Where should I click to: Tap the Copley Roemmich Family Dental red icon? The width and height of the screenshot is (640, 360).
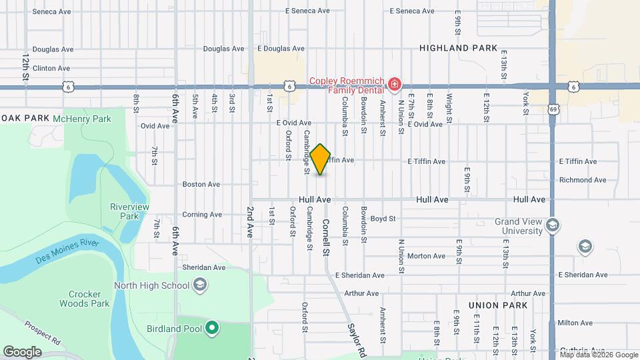tap(395, 85)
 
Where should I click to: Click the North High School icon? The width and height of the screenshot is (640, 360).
tap(199, 286)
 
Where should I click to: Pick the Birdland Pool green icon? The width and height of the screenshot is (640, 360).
tap(212, 327)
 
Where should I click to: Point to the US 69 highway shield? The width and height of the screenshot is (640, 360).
tap(554, 109)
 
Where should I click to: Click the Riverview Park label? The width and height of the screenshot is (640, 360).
tap(124, 211)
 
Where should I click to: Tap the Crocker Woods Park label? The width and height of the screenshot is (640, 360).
tap(89, 299)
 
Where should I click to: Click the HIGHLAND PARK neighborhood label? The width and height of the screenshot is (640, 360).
tap(459, 48)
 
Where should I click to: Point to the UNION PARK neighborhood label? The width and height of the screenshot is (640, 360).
tap(498, 305)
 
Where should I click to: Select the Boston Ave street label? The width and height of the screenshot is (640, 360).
tap(201, 184)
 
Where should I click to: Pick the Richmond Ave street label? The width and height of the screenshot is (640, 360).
tap(583, 180)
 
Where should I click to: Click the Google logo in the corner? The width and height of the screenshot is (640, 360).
tap(22, 352)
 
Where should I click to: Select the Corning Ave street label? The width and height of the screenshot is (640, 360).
tap(202, 215)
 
